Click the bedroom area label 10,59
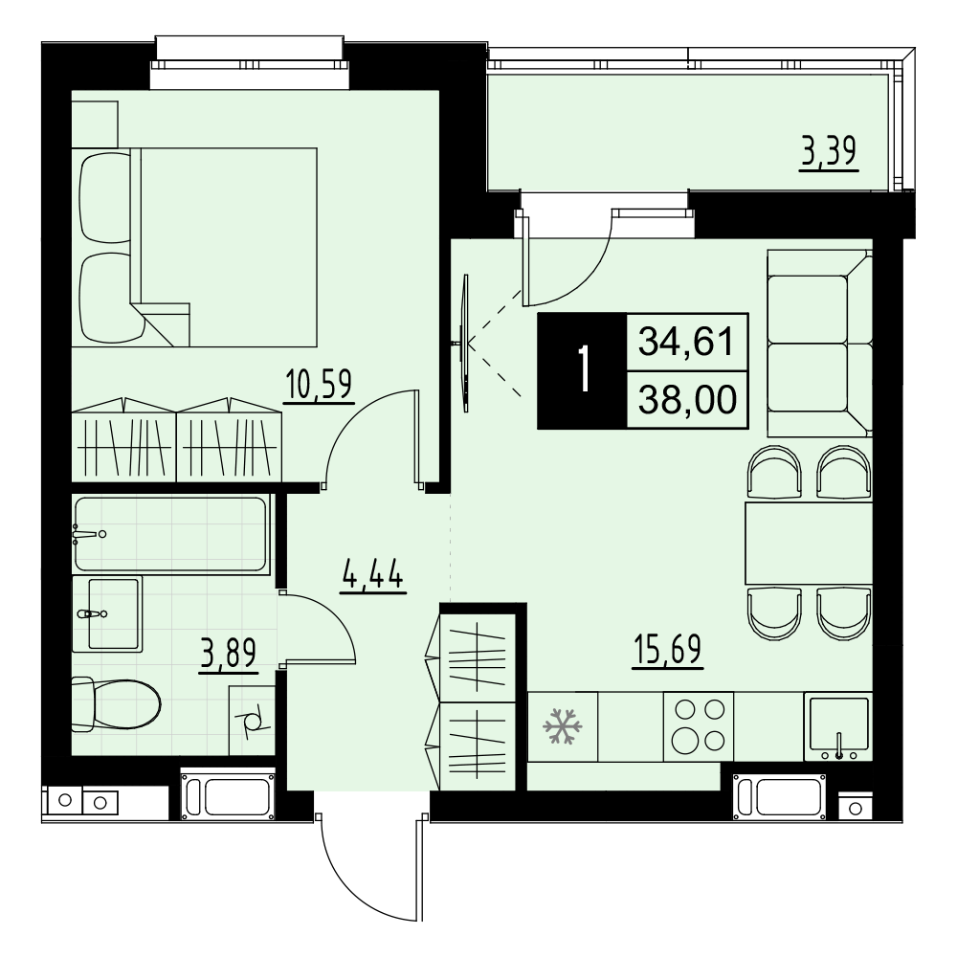tap(320, 386)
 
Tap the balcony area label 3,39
tap(829, 152)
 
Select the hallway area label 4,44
tap(373, 575)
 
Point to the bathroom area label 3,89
tap(229, 654)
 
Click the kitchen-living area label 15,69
tap(668, 650)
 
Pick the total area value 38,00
tap(687, 400)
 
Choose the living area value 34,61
tap(686, 342)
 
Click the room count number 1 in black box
tap(584, 370)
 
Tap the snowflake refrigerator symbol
tap(562, 726)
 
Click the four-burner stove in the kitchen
tap(699, 726)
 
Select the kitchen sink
tap(838, 726)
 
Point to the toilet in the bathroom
tap(116, 705)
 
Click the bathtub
tap(171, 533)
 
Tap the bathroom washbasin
tap(107, 613)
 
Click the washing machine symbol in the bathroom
tap(252, 720)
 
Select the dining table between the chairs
tap(809, 544)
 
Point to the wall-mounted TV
tap(465, 343)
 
